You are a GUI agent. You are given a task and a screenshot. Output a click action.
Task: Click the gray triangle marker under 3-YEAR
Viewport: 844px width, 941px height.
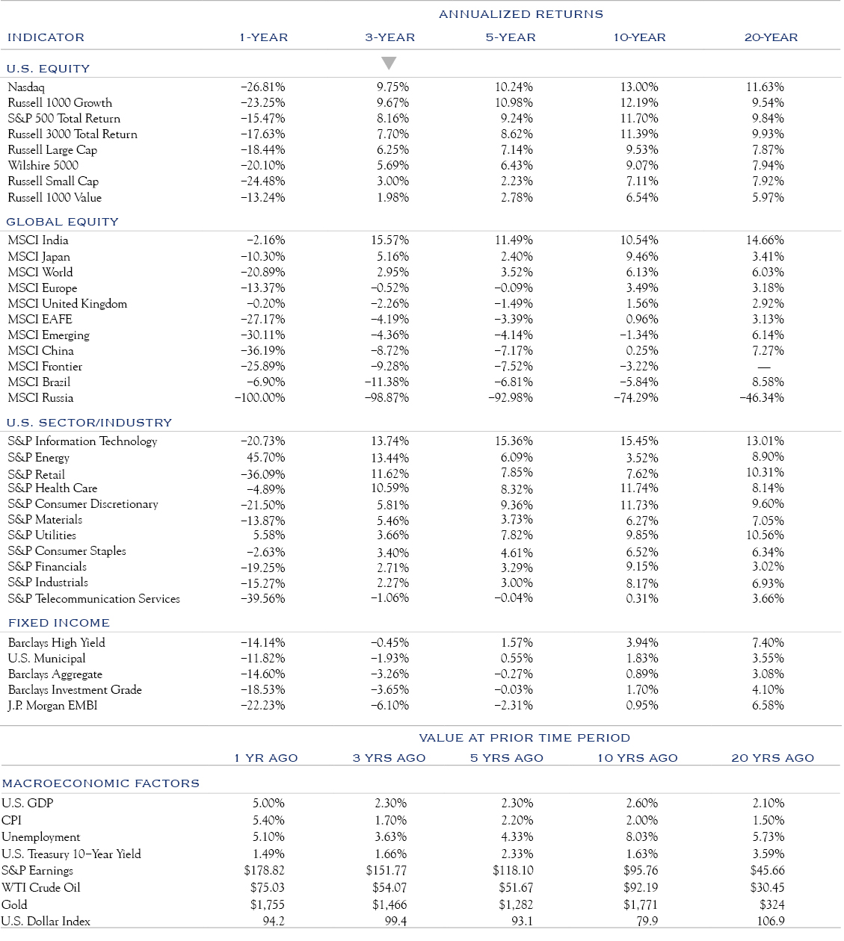click(389, 63)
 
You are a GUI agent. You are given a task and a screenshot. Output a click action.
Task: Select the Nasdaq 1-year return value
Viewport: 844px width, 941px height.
click(262, 87)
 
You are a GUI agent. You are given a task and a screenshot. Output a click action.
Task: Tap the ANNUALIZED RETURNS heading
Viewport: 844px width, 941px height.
click(520, 14)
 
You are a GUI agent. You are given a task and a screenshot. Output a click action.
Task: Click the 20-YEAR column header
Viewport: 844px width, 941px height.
click(771, 37)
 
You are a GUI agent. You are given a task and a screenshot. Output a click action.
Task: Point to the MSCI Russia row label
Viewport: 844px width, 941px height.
click(40, 398)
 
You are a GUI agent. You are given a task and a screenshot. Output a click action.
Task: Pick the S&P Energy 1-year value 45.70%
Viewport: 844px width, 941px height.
click(265, 457)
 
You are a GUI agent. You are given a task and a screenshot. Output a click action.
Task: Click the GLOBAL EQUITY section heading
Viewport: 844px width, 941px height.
click(62, 222)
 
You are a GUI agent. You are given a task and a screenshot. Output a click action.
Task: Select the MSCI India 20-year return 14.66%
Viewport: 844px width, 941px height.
click(765, 240)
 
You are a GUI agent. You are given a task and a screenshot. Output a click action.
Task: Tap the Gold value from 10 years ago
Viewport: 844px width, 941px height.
click(640, 904)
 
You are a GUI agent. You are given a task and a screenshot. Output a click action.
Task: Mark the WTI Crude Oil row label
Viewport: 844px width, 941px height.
click(40, 887)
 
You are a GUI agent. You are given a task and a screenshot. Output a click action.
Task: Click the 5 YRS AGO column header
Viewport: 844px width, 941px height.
click(506, 758)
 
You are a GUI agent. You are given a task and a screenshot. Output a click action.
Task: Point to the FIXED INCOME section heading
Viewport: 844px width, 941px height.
click(59, 623)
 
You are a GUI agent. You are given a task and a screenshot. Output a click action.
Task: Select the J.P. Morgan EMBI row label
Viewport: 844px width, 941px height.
click(52, 706)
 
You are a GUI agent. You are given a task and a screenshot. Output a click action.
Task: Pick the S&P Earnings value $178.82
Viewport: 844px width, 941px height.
click(264, 871)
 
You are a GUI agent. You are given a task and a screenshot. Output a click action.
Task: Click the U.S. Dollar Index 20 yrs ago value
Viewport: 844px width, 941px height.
click(771, 922)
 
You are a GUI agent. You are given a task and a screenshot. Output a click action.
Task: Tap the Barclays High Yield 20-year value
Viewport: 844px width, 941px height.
click(768, 643)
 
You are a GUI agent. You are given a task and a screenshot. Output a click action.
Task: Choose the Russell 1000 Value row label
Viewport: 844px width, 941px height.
click(55, 198)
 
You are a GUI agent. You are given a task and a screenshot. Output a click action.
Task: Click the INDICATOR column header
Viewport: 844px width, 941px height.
click(46, 37)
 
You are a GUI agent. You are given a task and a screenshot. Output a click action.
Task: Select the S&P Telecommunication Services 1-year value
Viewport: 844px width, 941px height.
click(262, 599)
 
